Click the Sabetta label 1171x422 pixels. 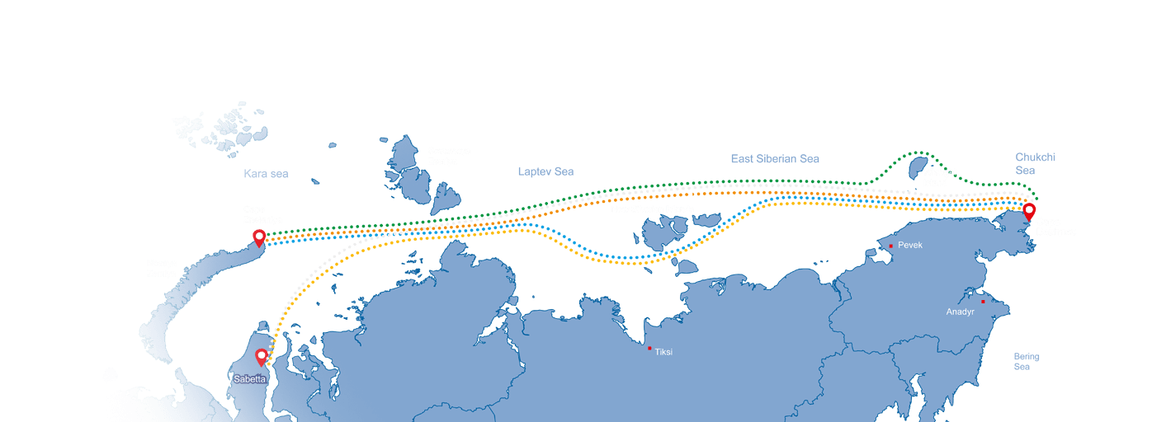(249, 379)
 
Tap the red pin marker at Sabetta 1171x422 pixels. (262, 357)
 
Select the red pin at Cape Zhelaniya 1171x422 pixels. (259, 238)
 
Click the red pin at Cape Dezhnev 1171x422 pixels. (1028, 211)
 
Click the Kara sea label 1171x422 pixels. (266, 174)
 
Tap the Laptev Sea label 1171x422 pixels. (545, 171)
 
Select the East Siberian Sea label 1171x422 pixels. (775, 158)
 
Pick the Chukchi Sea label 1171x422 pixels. (1035, 163)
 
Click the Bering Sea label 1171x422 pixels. (1026, 362)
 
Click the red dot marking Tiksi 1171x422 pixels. (649, 348)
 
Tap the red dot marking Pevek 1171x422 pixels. (891, 246)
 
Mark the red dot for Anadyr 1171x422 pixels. (983, 302)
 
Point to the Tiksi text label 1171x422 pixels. (663, 352)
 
